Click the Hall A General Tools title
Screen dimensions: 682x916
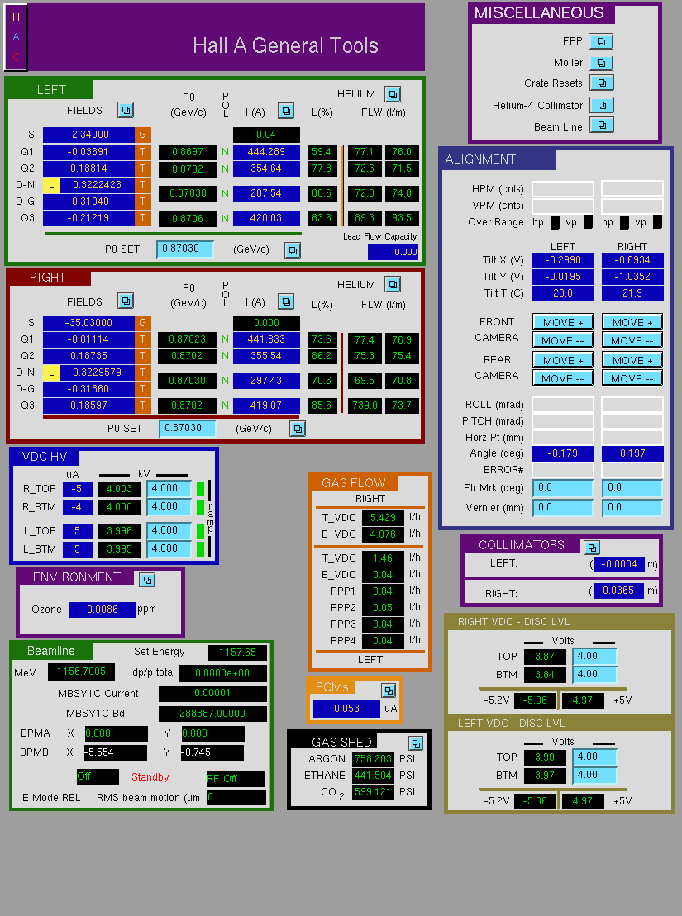point(285,45)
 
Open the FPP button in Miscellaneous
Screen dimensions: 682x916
point(601,41)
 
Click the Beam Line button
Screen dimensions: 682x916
point(601,125)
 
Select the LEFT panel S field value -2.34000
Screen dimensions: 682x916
point(88,135)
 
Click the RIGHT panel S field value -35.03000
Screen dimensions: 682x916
point(88,322)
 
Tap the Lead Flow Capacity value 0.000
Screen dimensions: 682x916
point(393,252)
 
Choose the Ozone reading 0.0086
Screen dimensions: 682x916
point(103,610)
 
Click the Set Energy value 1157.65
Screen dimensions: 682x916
point(237,652)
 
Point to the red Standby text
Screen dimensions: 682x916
point(150,777)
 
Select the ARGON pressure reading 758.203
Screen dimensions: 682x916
point(373,758)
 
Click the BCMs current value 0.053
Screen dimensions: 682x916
point(347,709)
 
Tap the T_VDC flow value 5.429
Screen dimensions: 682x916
point(383,518)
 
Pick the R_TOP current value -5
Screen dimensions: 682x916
point(77,489)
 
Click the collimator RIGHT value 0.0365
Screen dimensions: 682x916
point(618,591)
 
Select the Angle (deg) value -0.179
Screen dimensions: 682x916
point(563,453)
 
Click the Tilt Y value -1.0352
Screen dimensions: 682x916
point(632,277)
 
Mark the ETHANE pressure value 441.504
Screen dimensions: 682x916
point(373,776)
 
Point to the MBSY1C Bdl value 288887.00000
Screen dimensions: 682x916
point(212,714)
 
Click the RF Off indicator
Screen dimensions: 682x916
point(235,779)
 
